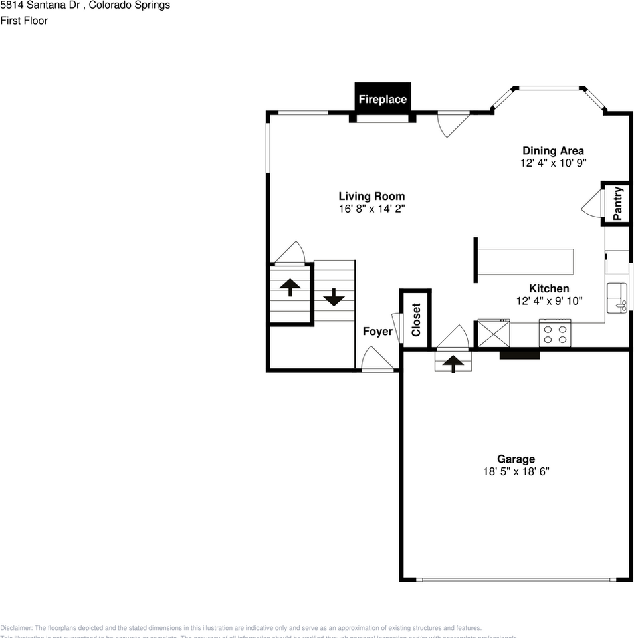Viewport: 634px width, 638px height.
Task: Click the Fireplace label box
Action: coord(382,99)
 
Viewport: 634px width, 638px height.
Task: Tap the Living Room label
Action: coord(371,196)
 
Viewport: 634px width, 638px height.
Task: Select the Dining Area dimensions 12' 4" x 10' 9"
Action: coord(553,163)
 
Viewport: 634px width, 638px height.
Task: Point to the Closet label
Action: coord(416,320)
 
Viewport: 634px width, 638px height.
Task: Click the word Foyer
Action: coord(377,332)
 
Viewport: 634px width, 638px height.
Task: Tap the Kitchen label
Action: coord(549,288)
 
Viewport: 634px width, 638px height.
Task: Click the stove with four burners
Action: coord(556,332)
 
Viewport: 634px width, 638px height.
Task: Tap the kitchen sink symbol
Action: coord(617,298)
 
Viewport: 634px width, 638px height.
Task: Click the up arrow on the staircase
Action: coord(290,287)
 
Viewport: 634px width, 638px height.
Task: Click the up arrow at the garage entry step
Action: coord(453,363)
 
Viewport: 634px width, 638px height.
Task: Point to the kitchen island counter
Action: coord(525,261)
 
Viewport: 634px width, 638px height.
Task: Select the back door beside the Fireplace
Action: coord(453,124)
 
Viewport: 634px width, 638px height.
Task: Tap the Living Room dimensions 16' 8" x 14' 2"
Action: coord(371,209)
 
